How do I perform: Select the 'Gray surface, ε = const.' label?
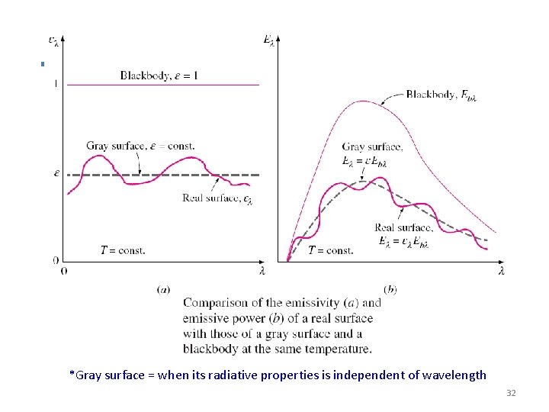coord(140,146)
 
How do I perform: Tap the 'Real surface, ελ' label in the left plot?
coord(217,198)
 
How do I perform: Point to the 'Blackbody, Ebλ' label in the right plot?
coord(441,95)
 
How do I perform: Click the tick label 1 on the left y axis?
coord(56,83)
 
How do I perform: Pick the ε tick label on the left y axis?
coord(56,173)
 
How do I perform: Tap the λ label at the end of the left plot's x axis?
coord(262,271)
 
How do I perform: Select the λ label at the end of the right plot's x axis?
coord(501,271)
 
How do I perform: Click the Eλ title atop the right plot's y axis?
coord(269,39)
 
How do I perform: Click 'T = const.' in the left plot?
coord(123,249)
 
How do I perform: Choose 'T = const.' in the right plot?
coord(331,250)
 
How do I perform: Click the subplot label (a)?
coord(163,289)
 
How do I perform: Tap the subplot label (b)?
coord(390,289)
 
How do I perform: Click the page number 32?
coord(511,393)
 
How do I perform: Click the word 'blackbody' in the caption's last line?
coord(210,349)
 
